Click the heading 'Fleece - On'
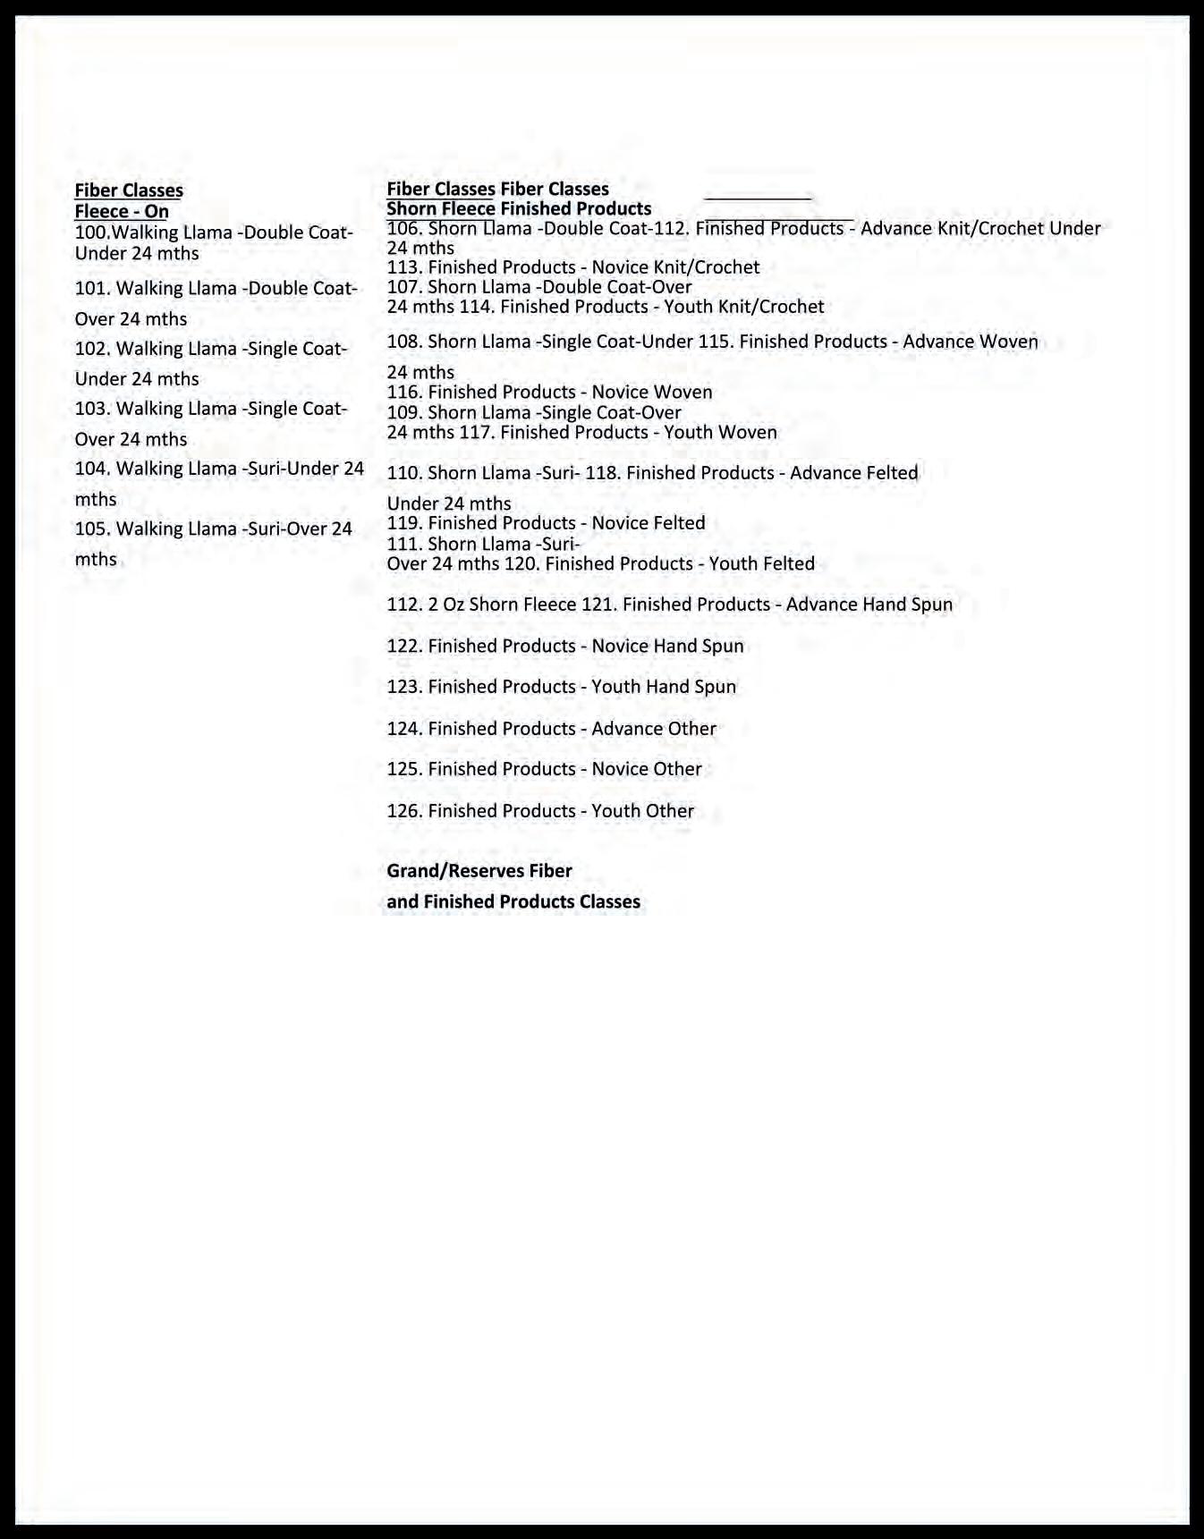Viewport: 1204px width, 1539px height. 122,212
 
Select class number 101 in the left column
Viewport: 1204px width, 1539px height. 90,289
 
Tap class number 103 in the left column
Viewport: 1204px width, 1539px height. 90,409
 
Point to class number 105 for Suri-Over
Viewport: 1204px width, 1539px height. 90,529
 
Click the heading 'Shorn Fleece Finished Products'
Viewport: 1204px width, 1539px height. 519,209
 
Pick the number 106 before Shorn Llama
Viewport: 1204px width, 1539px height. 403,229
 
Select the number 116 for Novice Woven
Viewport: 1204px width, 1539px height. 403,393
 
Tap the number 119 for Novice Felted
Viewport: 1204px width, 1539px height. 403,523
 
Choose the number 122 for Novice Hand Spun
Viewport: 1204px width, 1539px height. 403,647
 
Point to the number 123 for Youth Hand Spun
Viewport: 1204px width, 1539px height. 403,687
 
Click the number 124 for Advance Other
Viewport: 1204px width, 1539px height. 403,729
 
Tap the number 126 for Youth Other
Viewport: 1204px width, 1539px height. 403,811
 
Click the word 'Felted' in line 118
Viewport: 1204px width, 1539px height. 888,473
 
